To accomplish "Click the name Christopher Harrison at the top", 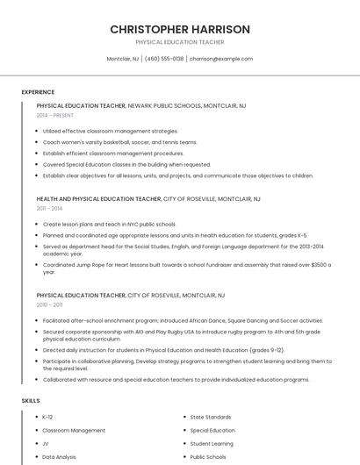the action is [x=180, y=29].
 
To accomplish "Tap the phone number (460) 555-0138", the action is [x=164, y=59].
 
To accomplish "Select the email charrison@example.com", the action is [x=221, y=59].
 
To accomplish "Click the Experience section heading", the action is [x=38, y=92].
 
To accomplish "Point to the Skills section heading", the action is [x=31, y=400].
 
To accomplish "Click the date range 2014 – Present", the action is [x=55, y=115].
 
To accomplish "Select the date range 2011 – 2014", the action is [x=49, y=209].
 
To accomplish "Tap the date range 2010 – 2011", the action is [x=49, y=304].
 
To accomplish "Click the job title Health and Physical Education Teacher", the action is [x=99, y=199].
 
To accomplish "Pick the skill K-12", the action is [x=47, y=417].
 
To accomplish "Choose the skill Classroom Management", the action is [x=74, y=430].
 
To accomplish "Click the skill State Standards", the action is [x=211, y=417].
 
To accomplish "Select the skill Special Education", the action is [x=212, y=430].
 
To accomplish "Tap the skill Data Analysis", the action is [x=59, y=456].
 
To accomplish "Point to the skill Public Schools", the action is [x=208, y=456].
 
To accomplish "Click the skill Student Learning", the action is [x=212, y=443].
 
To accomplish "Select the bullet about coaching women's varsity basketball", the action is [x=120, y=142].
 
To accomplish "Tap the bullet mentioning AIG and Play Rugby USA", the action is [x=176, y=335].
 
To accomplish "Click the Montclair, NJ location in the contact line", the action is [x=123, y=59].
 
